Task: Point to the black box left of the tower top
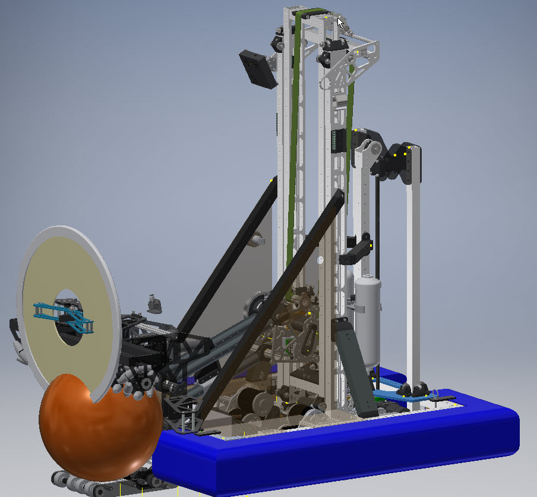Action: (258, 69)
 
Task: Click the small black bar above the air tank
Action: (356, 250)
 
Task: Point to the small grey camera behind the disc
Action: (155, 303)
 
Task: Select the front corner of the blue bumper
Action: (196, 464)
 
